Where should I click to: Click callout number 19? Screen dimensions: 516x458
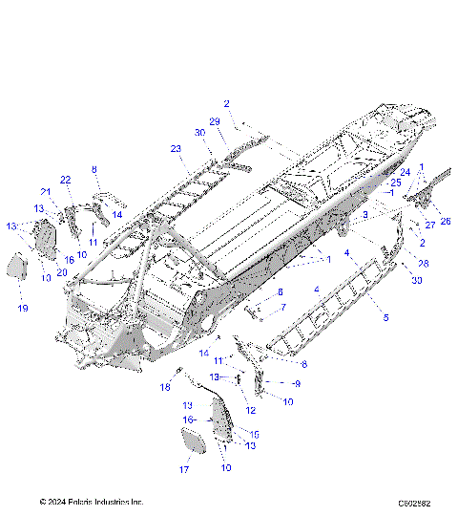pos(23,308)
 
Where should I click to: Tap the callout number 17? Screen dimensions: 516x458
pos(185,469)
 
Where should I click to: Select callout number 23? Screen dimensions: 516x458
pos(176,148)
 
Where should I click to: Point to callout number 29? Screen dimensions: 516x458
pos(215,120)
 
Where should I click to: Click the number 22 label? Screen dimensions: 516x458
pos(66,180)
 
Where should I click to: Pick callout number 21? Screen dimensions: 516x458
pos(45,191)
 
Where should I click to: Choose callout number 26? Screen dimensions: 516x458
pos(446,222)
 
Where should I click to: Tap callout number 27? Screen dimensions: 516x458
pos(429,226)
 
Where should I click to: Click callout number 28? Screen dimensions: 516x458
pos(424,262)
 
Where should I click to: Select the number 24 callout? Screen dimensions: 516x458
pos(405,172)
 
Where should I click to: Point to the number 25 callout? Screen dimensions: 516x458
pos(395,182)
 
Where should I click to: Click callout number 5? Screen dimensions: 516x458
pos(385,316)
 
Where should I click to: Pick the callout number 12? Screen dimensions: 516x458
pos(251,410)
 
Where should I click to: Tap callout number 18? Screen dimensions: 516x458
pos(165,386)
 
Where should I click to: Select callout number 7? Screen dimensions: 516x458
pos(282,307)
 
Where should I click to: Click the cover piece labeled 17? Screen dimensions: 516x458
pos(192,441)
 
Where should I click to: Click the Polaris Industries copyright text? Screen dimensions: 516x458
pos(92,501)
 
